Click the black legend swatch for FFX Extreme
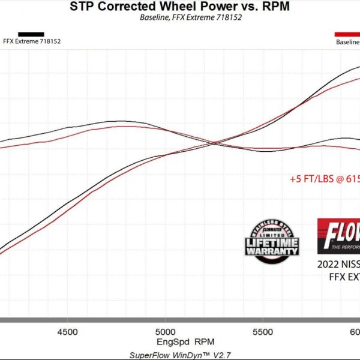click(31, 34)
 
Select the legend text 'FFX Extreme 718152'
click(32, 41)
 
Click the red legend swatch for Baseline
click(347, 34)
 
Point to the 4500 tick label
click(67, 332)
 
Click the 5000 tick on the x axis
click(165, 332)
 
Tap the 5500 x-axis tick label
click(263, 332)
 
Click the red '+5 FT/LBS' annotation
click(325, 178)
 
